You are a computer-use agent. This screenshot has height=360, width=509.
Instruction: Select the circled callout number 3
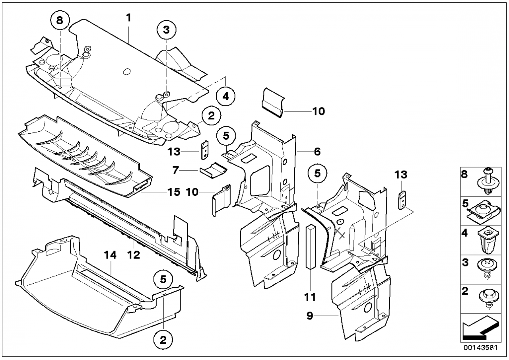coord(167,30)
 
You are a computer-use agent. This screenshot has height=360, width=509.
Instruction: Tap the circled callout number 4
coord(225,96)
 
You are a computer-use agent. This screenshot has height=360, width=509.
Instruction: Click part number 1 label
coord(129,18)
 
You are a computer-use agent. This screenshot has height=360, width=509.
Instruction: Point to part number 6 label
coord(317,152)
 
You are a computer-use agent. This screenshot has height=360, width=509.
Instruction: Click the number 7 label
coord(175,170)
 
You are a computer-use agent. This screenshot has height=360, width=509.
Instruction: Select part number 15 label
coord(174,192)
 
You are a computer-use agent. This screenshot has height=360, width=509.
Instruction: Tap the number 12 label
coord(134,255)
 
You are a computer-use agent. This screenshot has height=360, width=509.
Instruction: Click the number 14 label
coord(111,255)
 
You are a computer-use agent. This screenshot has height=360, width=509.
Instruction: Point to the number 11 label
coord(310,297)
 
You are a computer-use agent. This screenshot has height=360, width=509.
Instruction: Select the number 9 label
coord(310,316)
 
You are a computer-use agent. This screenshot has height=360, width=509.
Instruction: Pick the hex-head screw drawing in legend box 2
coord(488,298)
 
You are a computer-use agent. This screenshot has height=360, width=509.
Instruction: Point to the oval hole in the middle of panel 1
coord(127,72)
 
